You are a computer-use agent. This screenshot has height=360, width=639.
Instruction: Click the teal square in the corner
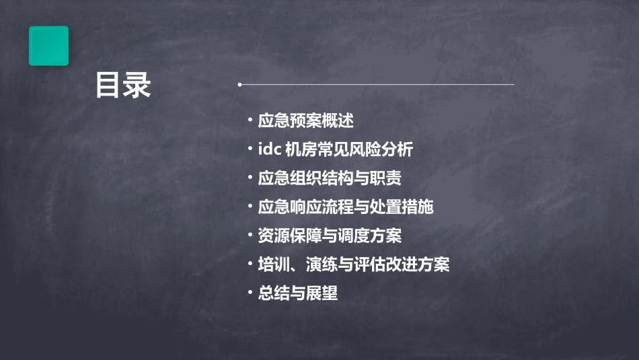point(48,46)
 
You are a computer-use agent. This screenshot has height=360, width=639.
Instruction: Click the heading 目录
point(123,85)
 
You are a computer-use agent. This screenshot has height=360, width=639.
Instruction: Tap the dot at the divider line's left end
point(239,85)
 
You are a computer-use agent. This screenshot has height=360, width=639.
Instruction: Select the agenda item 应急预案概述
point(305,121)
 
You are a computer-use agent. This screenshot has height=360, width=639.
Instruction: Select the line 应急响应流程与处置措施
point(346,207)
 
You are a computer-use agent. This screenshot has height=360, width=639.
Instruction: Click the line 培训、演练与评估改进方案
point(354,265)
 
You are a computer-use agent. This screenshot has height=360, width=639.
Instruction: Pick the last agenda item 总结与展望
point(297,294)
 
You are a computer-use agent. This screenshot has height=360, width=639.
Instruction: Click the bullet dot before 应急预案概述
point(250,120)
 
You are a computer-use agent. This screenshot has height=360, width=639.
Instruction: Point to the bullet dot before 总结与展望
point(250,293)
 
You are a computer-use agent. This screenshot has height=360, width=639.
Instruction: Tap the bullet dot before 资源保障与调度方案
point(250,236)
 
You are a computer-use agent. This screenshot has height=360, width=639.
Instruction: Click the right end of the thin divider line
point(513,85)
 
